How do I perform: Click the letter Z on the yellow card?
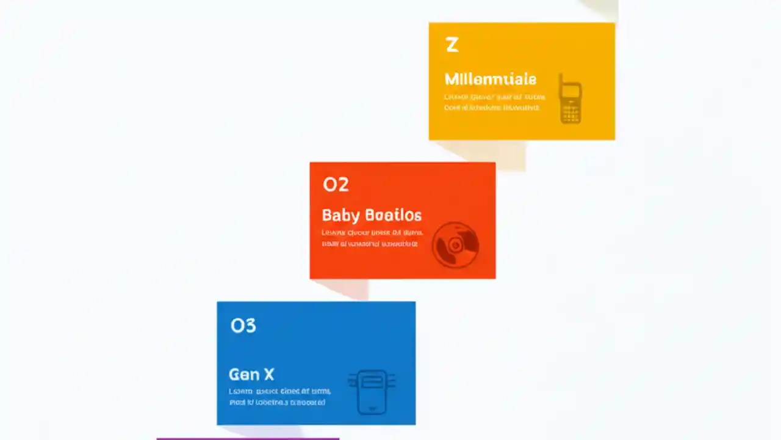pos(452,45)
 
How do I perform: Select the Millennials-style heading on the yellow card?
pos(490,79)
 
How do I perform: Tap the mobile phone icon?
pos(570,99)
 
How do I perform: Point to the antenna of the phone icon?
pos(562,79)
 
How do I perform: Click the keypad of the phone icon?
pos(570,113)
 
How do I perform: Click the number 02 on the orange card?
pos(336,184)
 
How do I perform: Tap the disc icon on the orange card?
pos(455,244)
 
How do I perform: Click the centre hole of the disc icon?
pos(455,245)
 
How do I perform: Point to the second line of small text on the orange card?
pos(369,243)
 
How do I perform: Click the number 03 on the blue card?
pos(243,326)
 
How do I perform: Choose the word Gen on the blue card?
pos(240,374)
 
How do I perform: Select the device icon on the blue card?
pos(372,391)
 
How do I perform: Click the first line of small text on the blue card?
pos(279,391)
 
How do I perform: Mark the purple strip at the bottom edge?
pos(248,438)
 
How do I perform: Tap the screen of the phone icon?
pos(570,92)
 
